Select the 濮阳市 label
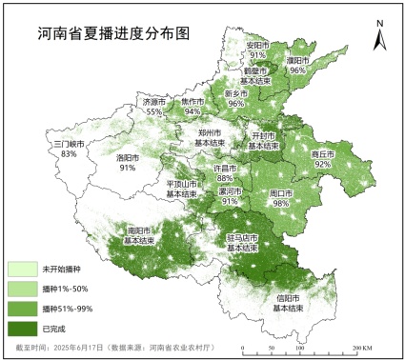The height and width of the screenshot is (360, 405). tap(297, 60)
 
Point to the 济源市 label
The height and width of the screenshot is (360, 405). tap(153, 101)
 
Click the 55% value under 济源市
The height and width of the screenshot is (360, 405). tap(153, 111)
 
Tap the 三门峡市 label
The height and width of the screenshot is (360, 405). tap(69, 143)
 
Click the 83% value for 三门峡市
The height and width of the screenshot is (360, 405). tap(69, 153)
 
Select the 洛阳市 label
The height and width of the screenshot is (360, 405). tap(128, 157)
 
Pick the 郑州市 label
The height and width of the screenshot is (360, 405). tap(210, 132)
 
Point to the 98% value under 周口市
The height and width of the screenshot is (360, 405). tap(280, 203)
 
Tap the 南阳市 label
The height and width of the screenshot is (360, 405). tap(139, 230)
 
